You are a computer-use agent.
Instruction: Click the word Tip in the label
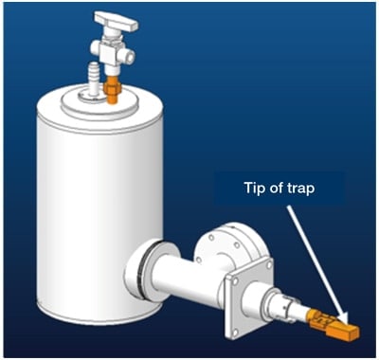254,189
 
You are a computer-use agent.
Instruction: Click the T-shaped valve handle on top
117,20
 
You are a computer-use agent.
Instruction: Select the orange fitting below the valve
111,89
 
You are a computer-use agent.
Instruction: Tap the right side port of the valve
129,55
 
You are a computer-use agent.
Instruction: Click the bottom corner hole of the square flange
235,332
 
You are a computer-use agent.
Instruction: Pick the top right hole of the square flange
268,265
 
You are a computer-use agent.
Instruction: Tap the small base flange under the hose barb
92,97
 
